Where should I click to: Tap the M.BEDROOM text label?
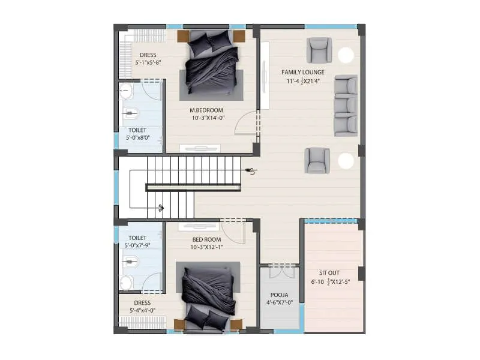[206, 110]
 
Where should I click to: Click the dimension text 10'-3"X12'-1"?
[206, 247]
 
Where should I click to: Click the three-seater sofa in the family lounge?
[346, 106]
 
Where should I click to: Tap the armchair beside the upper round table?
[319, 50]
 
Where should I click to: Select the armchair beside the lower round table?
[317, 160]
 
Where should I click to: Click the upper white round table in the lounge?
[346, 55]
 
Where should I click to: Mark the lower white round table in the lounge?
[346, 160]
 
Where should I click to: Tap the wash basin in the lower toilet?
[126, 283]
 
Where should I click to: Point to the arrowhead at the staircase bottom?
[161, 208]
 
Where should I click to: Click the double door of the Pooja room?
[279, 271]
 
